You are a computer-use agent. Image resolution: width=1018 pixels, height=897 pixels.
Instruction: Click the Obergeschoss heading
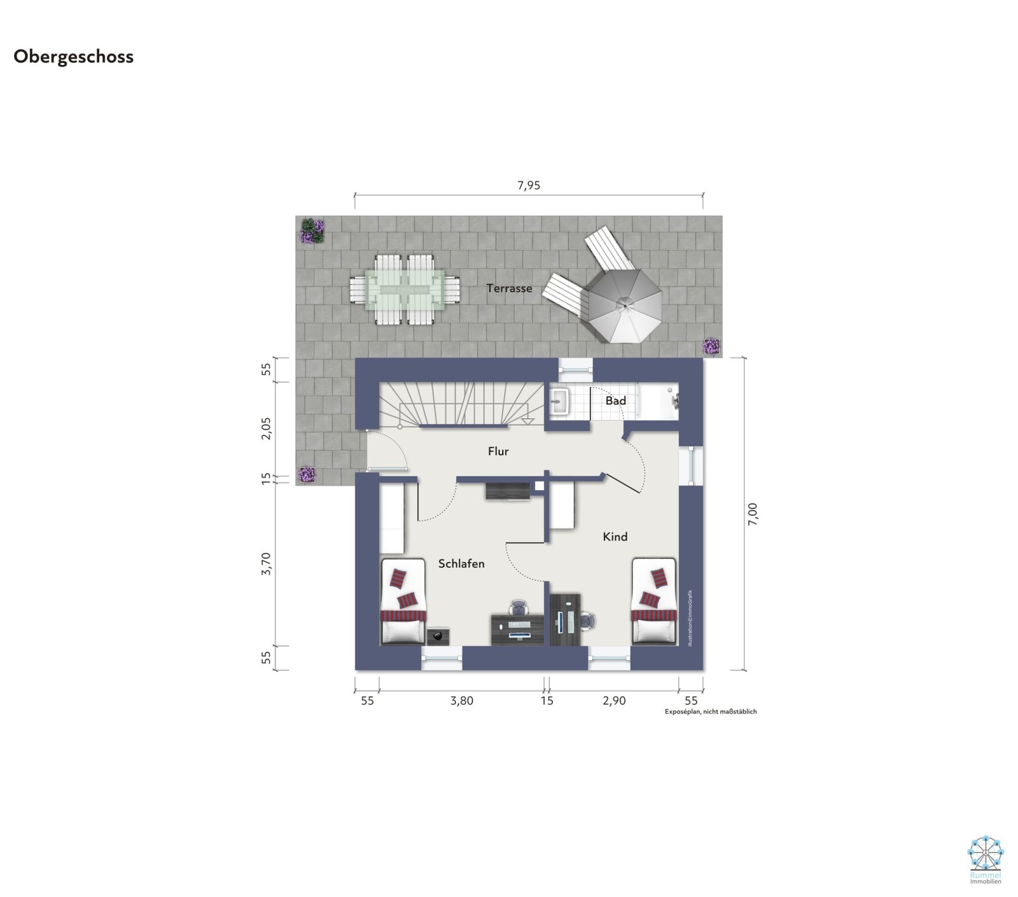point(73,57)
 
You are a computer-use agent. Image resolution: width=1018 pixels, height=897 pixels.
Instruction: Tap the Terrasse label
point(509,288)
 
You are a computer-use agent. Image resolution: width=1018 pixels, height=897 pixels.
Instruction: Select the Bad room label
point(615,400)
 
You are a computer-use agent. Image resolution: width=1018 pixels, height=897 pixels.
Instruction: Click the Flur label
point(498,451)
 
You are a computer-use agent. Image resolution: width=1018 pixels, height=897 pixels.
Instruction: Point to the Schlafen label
point(461,563)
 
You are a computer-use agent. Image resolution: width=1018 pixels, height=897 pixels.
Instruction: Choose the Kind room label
point(615,537)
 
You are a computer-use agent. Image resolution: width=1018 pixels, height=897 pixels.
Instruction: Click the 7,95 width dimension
point(529,186)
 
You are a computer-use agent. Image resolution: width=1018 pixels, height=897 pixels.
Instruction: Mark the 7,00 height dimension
point(753,513)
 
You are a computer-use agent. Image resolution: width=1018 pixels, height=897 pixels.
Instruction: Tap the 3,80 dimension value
point(462,701)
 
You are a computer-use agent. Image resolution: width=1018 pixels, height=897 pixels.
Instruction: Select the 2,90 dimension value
point(614,701)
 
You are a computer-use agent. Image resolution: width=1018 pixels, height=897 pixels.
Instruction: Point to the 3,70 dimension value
point(266,564)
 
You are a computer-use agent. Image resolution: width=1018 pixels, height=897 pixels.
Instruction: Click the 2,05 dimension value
point(266,428)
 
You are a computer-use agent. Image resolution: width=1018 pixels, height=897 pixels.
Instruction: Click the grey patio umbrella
point(625,306)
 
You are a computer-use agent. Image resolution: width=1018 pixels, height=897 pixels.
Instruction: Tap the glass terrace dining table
point(405,290)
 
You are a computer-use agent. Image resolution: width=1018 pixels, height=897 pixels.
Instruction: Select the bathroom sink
point(560,401)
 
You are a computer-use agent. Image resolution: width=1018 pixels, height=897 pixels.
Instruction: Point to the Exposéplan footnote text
point(711,712)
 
